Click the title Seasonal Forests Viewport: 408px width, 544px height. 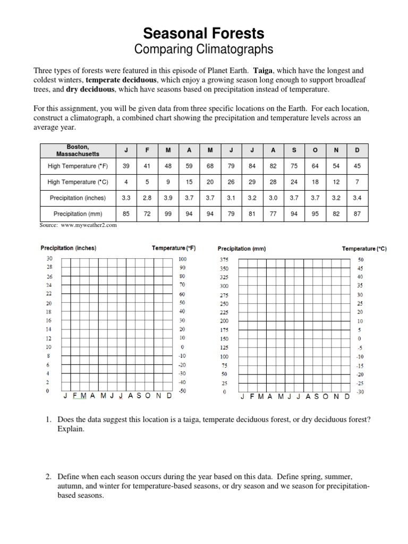[204, 34]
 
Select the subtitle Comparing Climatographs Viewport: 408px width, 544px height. [204, 50]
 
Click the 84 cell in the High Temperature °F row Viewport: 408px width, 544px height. [252, 166]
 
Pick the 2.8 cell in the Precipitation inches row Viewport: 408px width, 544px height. [147, 198]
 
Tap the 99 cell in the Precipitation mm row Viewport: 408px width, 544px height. [168, 214]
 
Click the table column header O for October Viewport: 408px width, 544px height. [315, 150]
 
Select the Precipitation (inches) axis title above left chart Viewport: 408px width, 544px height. [69, 248]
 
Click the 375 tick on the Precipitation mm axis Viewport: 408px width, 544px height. [224, 260]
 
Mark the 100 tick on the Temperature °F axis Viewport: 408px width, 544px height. [183, 259]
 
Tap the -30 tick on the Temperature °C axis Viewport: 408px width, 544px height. [360, 392]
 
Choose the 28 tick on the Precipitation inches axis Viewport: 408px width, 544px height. [49, 267]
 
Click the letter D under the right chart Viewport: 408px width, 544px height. [347, 397]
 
